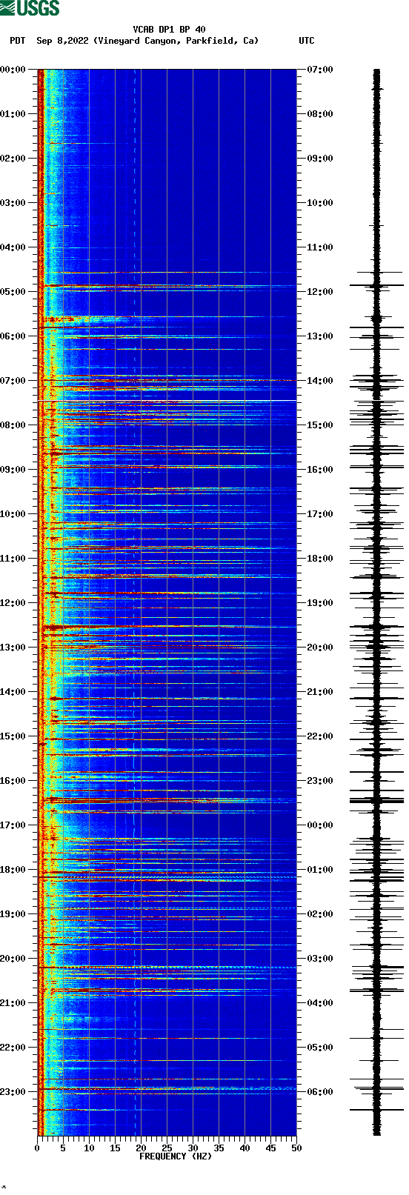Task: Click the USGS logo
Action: [x=30, y=8]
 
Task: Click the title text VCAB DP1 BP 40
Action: [x=169, y=30]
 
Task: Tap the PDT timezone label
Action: [x=17, y=41]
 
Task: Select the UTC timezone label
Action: [x=306, y=41]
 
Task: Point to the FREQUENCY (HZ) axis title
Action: [x=176, y=1156]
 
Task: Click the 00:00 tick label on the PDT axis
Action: [x=13, y=70]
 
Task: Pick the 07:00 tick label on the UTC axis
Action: [x=320, y=70]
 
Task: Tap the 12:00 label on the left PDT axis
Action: [x=13, y=603]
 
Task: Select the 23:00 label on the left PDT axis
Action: [x=13, y=1092]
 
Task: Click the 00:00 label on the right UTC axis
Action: [x=320, y=825]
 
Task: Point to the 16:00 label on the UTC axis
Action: [x=320, y=470]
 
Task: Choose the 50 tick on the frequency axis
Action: [x=296, y=1148]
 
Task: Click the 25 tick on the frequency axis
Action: [x=167, y=1148]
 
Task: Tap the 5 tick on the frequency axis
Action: [x=63, y=1148]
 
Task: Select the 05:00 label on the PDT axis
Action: [x=13, y=292]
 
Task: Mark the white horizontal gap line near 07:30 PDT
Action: [x=167, y=401]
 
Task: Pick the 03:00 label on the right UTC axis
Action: [x=320, y=959]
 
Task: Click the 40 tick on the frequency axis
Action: [x=245, y=1148]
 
